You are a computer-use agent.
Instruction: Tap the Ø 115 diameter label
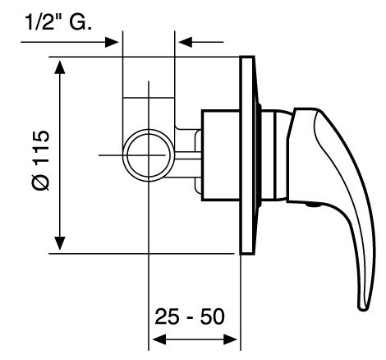[41, 160]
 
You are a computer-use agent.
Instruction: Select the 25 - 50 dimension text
[190, 316]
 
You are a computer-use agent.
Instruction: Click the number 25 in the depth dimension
[167, 316]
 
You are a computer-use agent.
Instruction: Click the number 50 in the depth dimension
[213, 316]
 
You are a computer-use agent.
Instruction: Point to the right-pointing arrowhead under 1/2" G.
[112, 42]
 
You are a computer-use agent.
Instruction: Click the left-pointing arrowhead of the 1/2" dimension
[185, 42]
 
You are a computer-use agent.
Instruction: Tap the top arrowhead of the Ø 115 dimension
[60, 67]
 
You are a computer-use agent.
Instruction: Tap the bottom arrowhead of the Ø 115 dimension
[60, 243]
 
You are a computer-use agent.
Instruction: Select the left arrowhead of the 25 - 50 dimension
[159, 339]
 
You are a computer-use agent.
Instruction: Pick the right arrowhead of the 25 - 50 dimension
[230, 339]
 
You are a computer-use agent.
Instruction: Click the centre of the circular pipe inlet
[149, 155]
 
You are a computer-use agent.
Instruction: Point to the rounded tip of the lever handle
[364, 307]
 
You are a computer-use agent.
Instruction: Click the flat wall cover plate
[247, 155]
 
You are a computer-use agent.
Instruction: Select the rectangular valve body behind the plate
[221, 155]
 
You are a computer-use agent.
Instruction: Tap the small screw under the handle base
[313, 205]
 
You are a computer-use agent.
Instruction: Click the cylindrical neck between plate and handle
[273, 155]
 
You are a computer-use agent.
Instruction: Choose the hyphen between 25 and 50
[190, 319]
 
